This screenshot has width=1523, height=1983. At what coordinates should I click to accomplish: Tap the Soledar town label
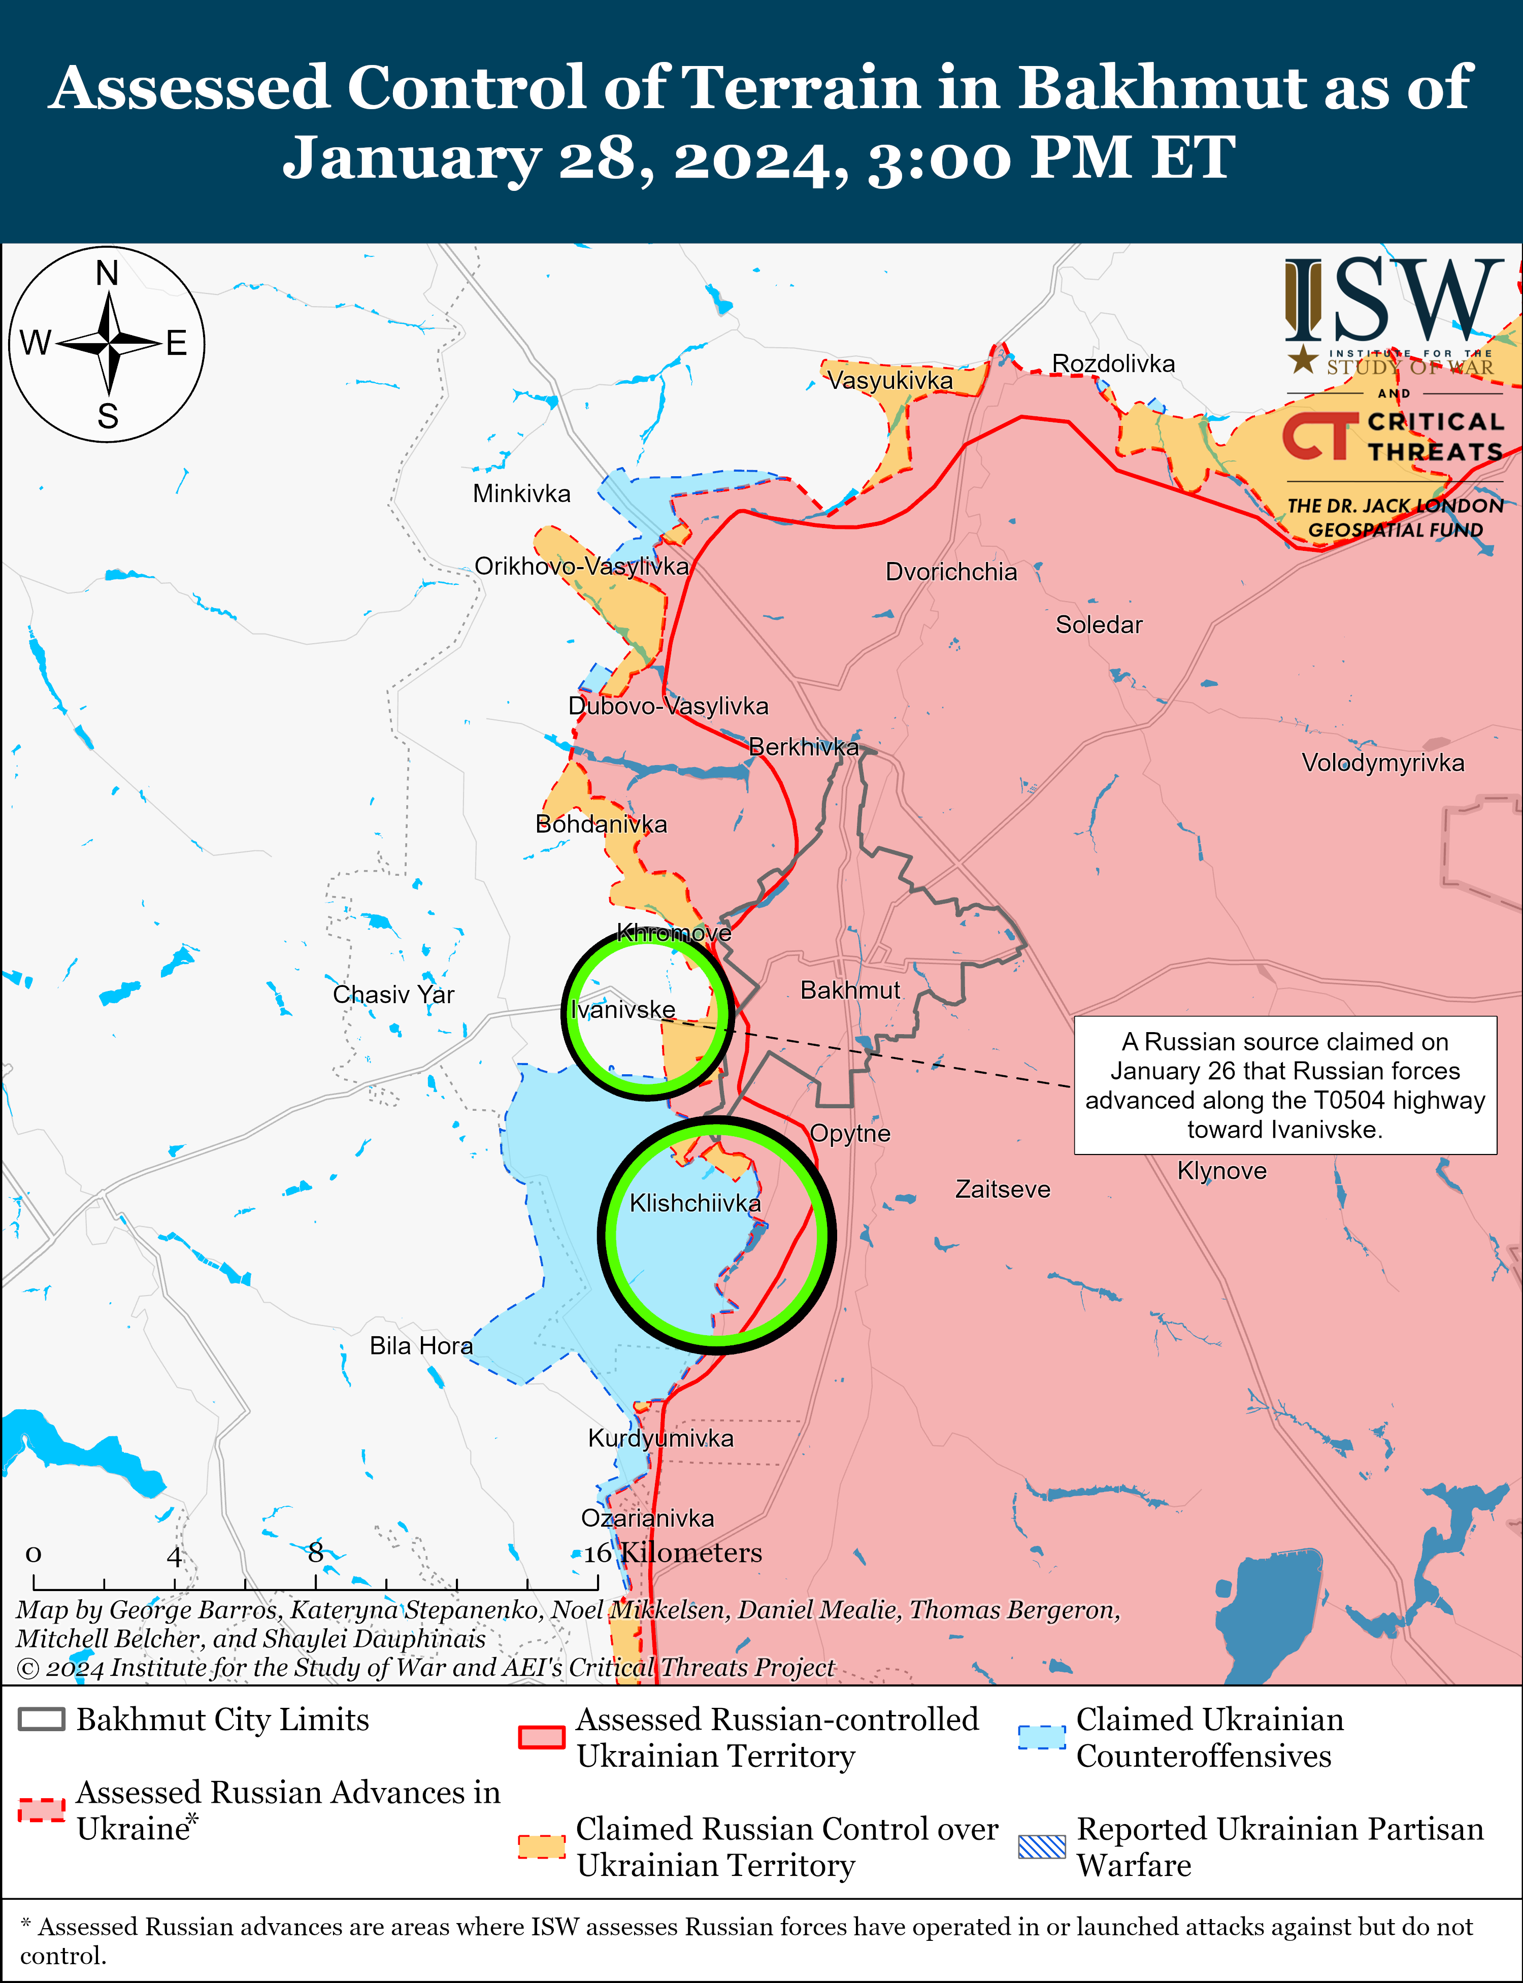click(x=1099, y=624)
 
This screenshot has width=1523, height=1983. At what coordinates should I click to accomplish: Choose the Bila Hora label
click(x=421, y=1346)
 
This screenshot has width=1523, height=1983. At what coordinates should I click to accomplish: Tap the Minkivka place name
click(x=521, y=494)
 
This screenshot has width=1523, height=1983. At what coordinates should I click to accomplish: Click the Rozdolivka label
click(x=1113, y=363)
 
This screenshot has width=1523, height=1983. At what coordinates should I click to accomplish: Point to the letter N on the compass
click(x=107, y=273)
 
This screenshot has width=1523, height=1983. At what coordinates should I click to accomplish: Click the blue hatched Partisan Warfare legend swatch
click(x=1042, y=1846)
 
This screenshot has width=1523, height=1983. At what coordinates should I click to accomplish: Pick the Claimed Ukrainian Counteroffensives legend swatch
click(x=1042, y=1736)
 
